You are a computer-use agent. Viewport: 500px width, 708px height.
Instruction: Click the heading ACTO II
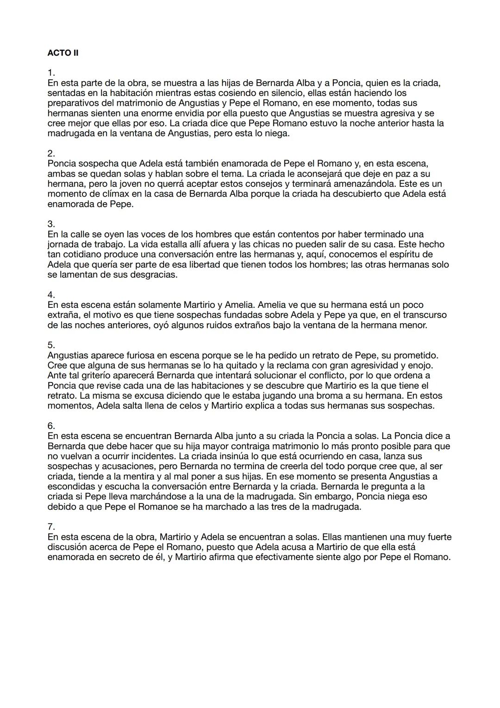[63, 53]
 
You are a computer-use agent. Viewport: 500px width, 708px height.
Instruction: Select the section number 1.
[51, 73]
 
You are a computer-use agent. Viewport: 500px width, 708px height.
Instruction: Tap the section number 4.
[51, 295]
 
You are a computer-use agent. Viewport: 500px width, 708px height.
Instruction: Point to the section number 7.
[51, 527]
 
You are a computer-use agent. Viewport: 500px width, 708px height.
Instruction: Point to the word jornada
[63, 244]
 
